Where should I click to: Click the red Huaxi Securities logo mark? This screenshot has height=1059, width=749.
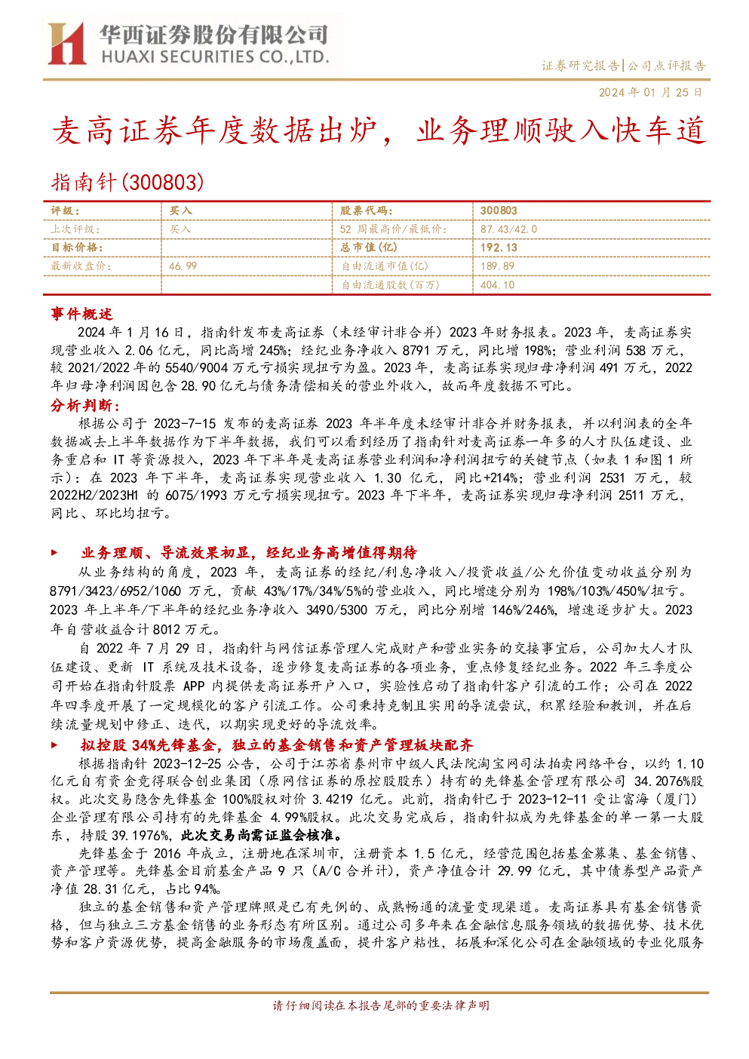(x=66, y=44)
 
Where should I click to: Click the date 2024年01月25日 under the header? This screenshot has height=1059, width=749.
(x=650, y=92)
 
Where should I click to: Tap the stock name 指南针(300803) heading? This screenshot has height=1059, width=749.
(x=127, y=183)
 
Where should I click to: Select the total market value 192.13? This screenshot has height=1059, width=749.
(x=499, y=247)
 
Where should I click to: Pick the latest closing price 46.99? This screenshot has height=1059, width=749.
(x=183, y=266)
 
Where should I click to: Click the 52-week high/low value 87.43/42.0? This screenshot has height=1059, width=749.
(x=509, y=229)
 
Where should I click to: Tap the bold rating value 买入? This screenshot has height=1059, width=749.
(x=181, y=211)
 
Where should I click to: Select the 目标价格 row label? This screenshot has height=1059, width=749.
(x=77, y=247)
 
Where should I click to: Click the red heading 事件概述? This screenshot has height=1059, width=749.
(x=81, y=314)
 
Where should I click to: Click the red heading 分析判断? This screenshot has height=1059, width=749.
(x=85, y=405)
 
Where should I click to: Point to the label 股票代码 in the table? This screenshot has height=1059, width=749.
(x=366, y=211)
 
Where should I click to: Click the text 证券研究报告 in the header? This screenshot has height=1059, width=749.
(x=580, y=66)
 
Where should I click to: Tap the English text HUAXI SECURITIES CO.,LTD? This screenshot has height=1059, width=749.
(x=215, y=57)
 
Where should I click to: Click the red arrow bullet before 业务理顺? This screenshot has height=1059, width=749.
(x=54, y=552)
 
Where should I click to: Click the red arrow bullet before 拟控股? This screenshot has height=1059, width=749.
(x=54, y=745)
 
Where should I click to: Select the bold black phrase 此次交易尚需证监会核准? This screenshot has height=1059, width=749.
(x=262, y=836)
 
